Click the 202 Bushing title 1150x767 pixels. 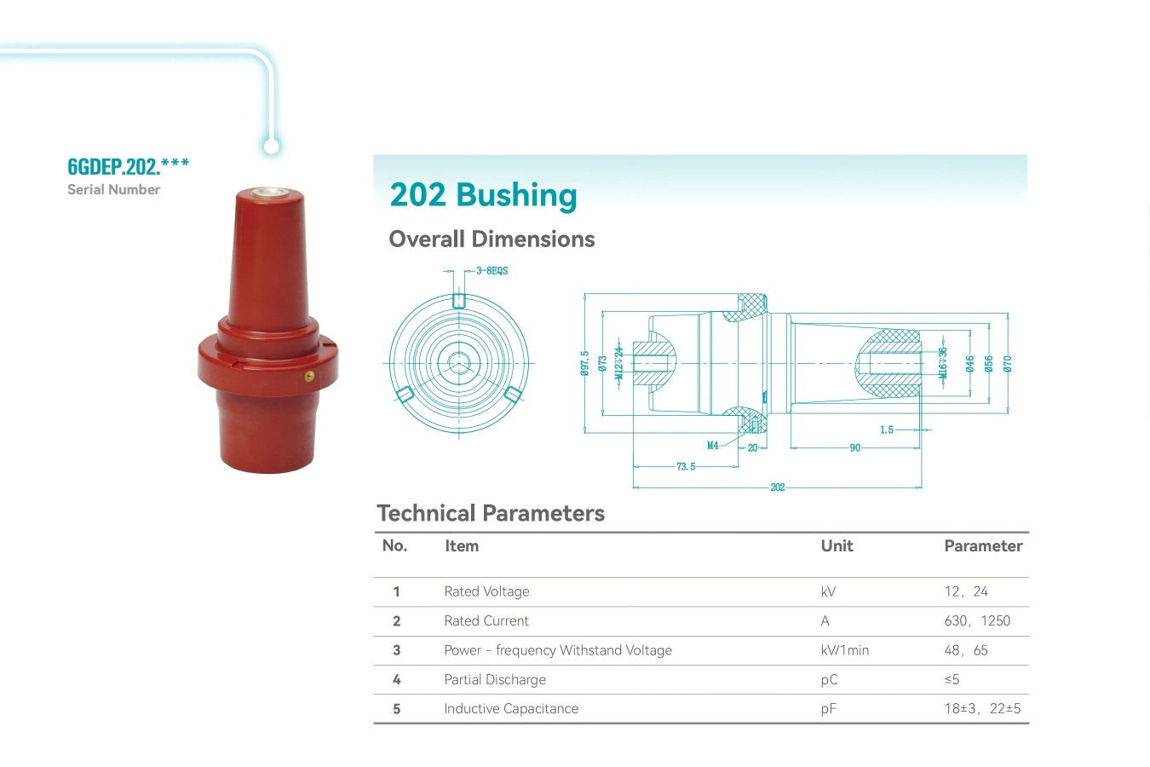pos(483,195)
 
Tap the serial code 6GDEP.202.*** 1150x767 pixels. pos(129,166)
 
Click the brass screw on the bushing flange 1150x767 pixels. pos(309,377)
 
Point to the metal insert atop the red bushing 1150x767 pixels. pos(268,193)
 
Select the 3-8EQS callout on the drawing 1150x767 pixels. pos(492,271)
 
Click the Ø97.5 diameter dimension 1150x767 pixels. pos(584,363)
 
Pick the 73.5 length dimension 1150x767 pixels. pos(686,466)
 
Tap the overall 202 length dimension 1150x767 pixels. pos(777,487)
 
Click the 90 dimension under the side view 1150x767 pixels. pos(854,447)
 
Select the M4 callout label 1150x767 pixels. pos(713,446)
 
